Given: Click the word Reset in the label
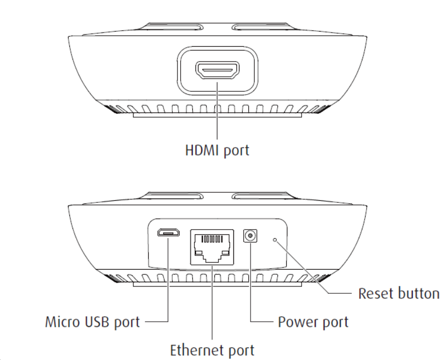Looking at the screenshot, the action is [x=375, y=293].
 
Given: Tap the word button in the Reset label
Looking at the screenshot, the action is [x=418, y=293].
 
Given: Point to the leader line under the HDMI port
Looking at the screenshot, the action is [x=217, y=110].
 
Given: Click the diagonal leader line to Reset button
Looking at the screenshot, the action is [x=305, y=268].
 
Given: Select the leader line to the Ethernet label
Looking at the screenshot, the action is [x=212, y=305].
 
